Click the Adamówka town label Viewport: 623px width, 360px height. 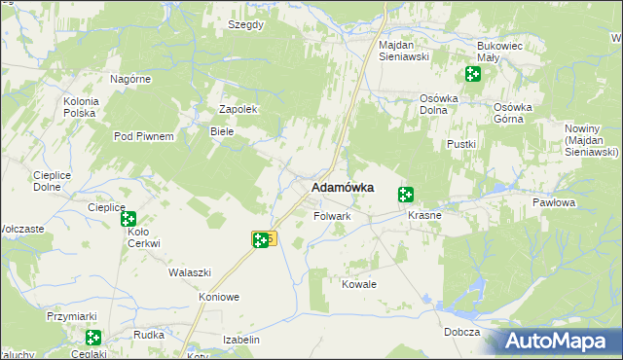[x=342, y=188]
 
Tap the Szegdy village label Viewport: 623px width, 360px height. [x=245, y=24]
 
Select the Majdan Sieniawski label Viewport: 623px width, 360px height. [x=404, y=51]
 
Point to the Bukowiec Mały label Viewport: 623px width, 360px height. [x=501, y=51]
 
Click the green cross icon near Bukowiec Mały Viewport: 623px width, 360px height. [x=472, y=74]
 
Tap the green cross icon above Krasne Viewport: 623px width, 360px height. [x=406, y=195]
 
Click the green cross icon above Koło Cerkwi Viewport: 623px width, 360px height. [x=128, y=220]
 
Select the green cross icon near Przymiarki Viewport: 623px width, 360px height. [x=92, y=338]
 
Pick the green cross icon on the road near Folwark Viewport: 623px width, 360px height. [x=261, y=239]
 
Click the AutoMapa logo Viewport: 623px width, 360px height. [x=561, y=341]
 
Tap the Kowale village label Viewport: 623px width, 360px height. [x=358, y=284]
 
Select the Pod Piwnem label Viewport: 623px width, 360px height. [x=143, y=136]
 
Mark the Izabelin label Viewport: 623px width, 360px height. [x=241, y=340]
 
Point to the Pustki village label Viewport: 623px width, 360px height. [x=460, y=144]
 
